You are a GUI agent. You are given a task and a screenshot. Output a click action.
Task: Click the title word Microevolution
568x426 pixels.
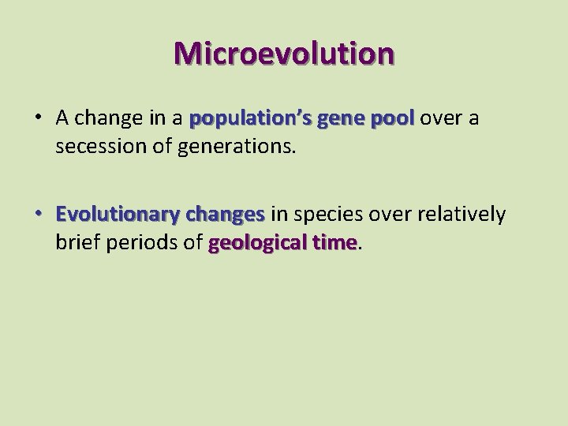pyautogui.click(x=284, y=53)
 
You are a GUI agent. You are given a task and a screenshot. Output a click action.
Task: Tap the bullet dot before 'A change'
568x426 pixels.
pyautogui.click(x=37, y=119)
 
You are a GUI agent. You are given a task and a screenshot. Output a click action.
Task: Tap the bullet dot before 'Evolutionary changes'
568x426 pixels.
pyautogui.click(x=37, y=215)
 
